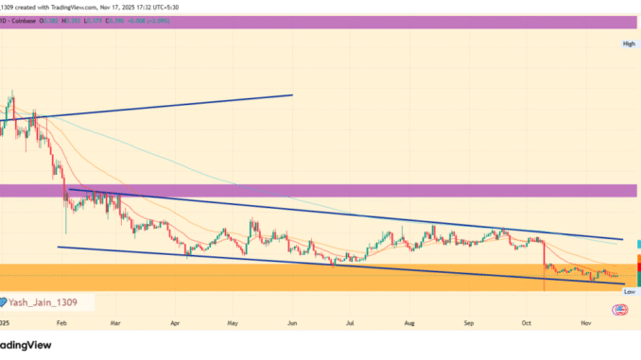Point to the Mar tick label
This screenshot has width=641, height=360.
(x=116, y=322)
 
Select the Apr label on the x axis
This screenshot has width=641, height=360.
(x=175, y=322)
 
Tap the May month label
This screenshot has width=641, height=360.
(x=233, y=322)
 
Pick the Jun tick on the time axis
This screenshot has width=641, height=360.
(x=291, y=322)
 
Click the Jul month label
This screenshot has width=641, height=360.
(x=350, y=322)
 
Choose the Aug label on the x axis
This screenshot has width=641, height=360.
(x=408, y=322)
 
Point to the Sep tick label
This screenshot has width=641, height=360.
(x=467, y=322)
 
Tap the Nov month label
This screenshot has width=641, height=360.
(x=584, y=322)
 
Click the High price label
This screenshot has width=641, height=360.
(x=628, y=44)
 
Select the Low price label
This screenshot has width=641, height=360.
(x=629, y=293)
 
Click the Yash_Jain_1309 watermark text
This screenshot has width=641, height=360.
(x=43, y=302)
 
